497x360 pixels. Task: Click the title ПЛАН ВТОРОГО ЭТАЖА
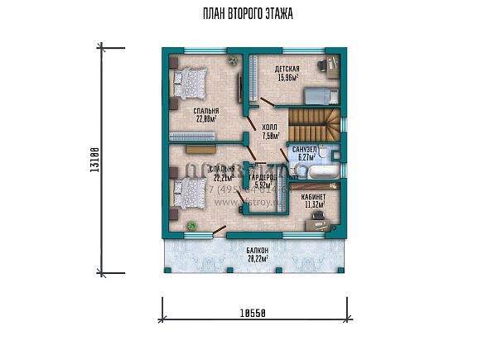248,14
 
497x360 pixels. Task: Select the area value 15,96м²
288,79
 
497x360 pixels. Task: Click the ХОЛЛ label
270,127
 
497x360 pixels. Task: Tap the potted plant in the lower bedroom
192,225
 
